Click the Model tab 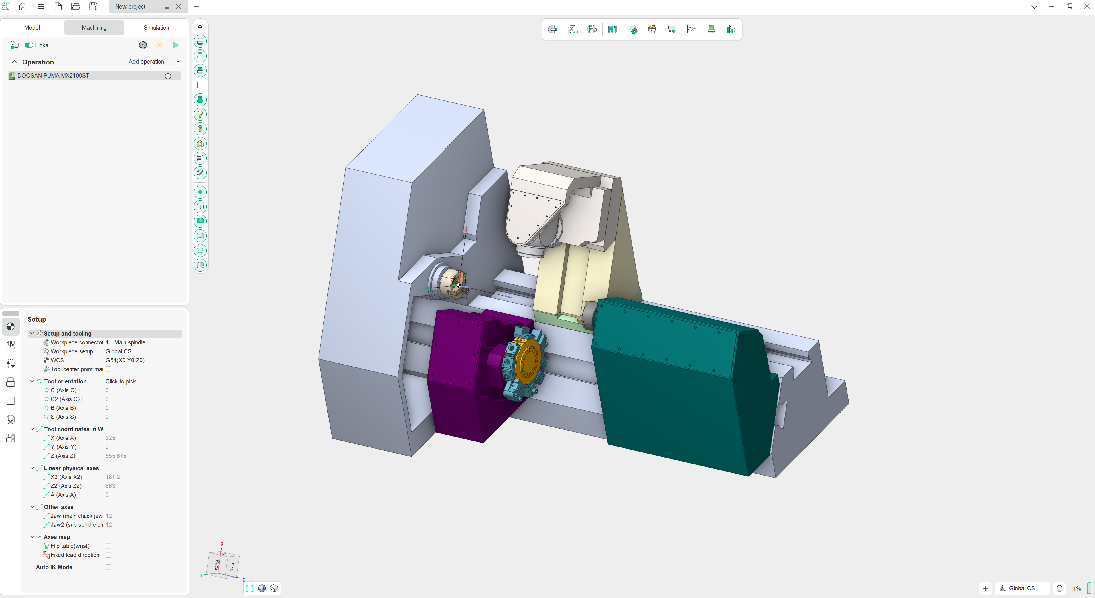(x=32, y=27)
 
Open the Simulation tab (x=156, y=27)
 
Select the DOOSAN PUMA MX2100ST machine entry (x=53, y=76)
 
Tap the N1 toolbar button (x=612, y=29)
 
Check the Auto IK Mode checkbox (x=108, y=567)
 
